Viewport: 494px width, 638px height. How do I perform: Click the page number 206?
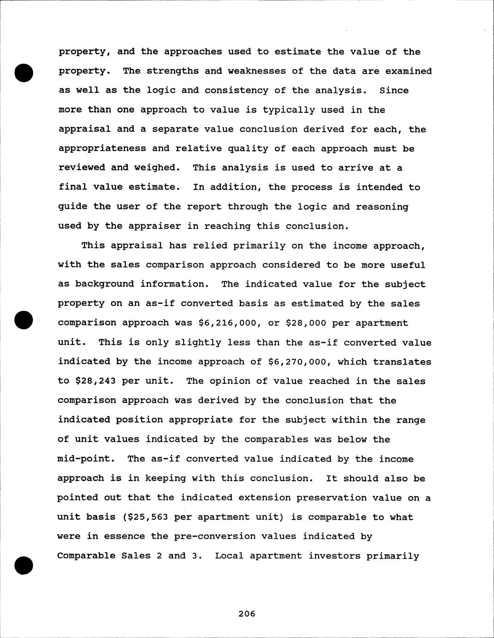247,613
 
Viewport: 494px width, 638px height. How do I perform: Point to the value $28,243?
93,381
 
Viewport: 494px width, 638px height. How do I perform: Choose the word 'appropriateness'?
101,148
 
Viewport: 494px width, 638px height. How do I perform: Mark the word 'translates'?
402,362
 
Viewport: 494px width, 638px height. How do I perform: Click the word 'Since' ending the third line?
394,90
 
